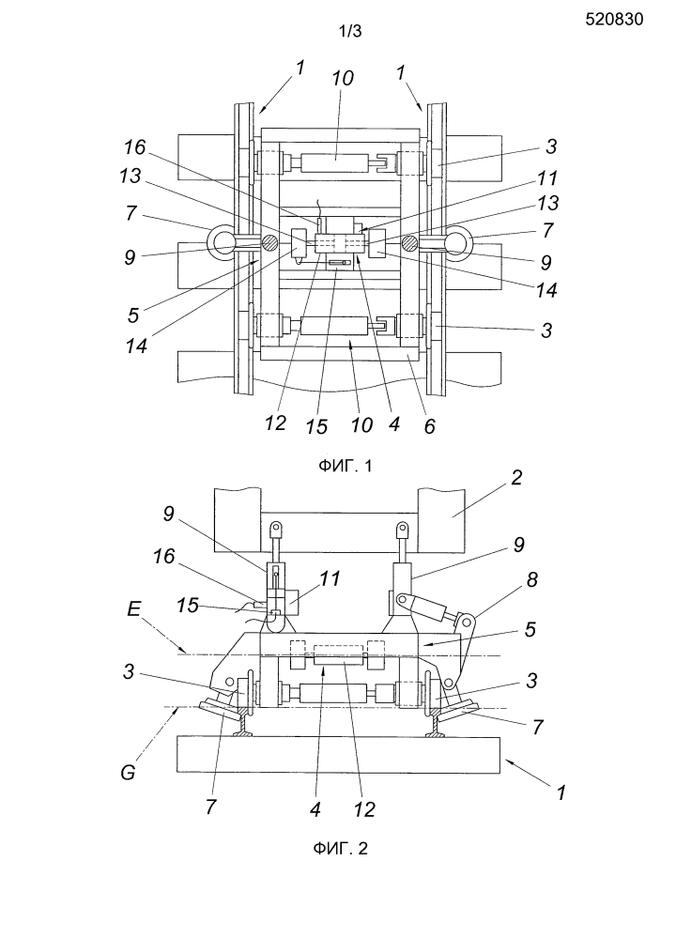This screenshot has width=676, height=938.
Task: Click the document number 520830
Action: [614, 20]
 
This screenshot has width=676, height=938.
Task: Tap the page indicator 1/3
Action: [350, 32]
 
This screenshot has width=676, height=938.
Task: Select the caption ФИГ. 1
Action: [345, 466]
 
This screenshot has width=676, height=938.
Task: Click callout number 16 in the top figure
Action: [134, 147]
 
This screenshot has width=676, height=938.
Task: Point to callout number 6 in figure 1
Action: [429, 426]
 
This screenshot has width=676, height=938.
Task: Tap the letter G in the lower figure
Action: [128, 773]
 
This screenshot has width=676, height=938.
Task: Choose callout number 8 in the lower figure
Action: [531, 579]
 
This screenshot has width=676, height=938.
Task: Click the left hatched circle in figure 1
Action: [269, 243]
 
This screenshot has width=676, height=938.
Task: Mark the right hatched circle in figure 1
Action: [409, 243]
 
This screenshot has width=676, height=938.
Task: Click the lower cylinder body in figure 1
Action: [334, 326]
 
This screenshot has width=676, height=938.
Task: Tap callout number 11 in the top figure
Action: [546, 177]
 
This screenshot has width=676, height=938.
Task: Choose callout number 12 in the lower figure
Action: [363, 809]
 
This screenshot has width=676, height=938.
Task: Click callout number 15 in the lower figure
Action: [187, 606]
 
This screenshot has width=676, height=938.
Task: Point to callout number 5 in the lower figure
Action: [530, 629]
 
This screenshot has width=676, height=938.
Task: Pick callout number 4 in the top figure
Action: [393, 423]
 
